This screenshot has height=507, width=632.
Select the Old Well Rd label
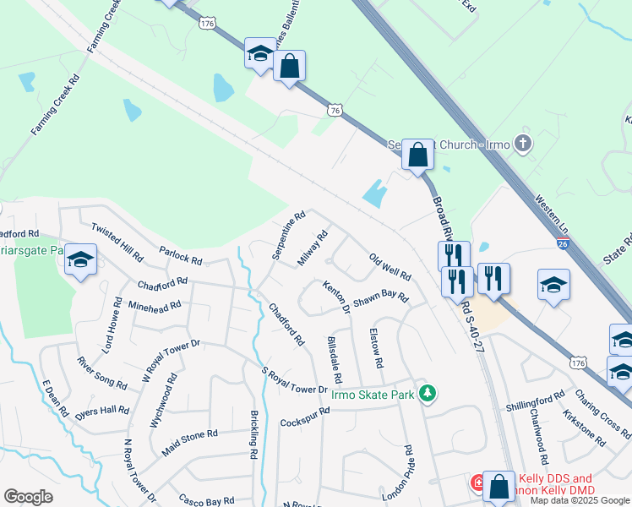coord(390,265)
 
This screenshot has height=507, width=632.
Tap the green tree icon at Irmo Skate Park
coord(428,393)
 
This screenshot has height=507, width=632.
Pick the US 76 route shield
coord(335,111)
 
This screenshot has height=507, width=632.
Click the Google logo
coord(28,496)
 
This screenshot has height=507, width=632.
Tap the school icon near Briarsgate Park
coord(81,260)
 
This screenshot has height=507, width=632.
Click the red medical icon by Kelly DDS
coord(477,483)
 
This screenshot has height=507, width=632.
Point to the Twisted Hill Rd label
coord(117,243)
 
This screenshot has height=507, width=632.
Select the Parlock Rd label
coord(180,255)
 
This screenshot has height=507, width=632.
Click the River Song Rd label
coord(101,373)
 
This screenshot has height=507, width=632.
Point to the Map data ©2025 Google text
coord(579,500)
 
